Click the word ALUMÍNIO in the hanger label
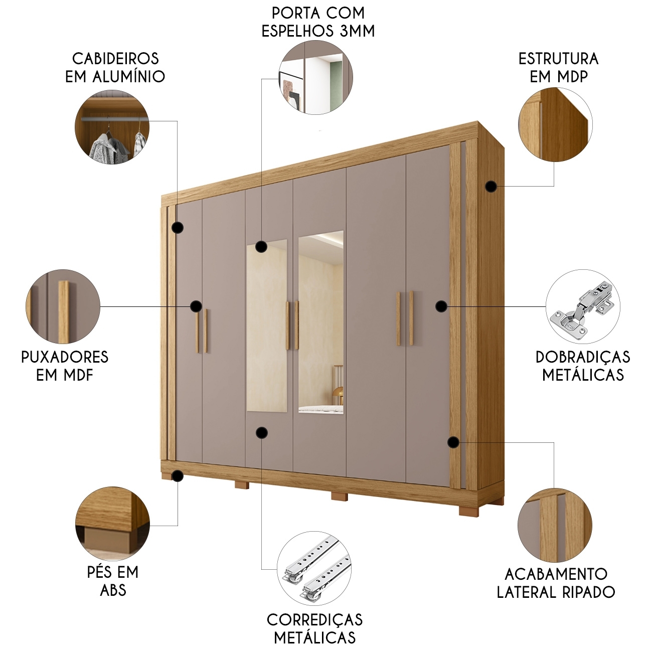point(129,76)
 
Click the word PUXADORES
point(65,357)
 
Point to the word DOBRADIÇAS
point(583,357)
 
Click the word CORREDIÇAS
point(314,620)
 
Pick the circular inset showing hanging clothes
point(112,127)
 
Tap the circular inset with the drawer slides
point(314,568)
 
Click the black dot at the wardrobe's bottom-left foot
point(178,476)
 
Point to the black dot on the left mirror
point(261,247)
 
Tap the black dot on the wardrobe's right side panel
point(491,186)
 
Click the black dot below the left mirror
point(262,433)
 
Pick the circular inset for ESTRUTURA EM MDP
point(555,124)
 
